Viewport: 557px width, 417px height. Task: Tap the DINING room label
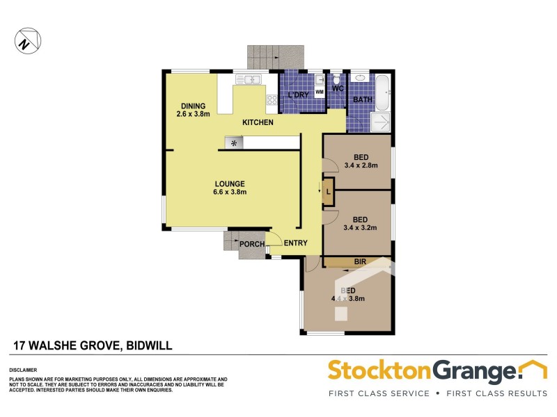(193, 106)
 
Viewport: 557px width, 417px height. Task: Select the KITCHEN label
(257, 123)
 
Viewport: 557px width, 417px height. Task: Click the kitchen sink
(249, 80)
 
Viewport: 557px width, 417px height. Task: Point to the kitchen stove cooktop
(271, 101)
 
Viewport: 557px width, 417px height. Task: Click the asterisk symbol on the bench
(234, 143)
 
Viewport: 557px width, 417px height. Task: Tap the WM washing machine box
(320, 92)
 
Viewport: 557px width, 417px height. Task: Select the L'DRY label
(298, 96)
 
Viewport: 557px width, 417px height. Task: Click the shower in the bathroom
(381, 122)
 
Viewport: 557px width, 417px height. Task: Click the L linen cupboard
(327, 192)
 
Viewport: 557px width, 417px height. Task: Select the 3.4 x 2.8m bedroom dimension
(361, 165)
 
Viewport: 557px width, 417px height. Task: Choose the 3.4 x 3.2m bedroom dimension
(361, 227)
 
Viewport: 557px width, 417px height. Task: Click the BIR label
(360, 262)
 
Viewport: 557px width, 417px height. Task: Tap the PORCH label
(251, 244)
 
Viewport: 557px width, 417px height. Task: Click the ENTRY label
(295, 243)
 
